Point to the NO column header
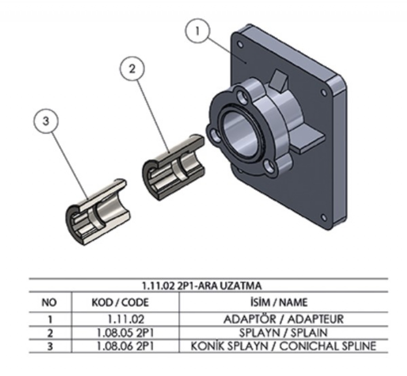(49, 302)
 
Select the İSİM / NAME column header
(284, 302)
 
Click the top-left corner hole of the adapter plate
(240, 45)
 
